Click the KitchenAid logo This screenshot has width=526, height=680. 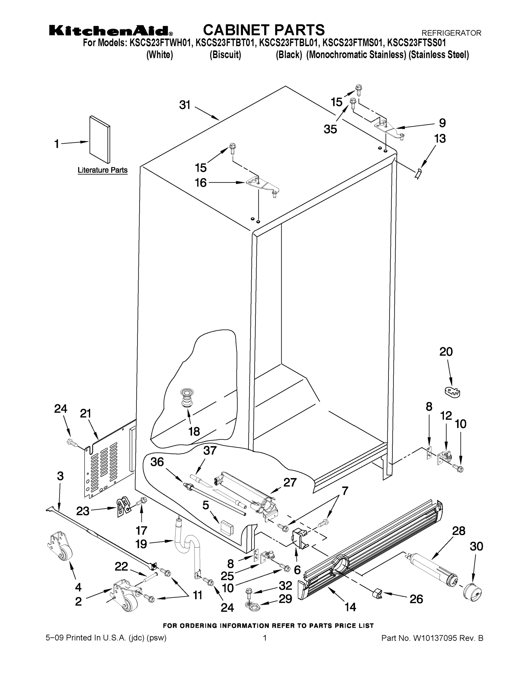[111, 31]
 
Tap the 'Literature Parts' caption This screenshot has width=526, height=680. [103, 170]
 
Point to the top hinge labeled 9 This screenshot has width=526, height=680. [388, 128]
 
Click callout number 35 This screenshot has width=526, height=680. [330, 129]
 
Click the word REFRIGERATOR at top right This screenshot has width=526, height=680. [451, 33]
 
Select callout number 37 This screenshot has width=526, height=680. [210, 450]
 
